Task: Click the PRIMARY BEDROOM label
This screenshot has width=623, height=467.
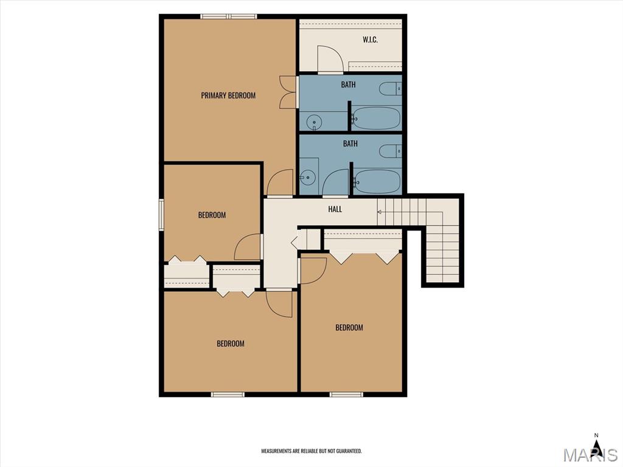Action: (228, 95)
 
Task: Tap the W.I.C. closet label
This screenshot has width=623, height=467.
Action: (370, 40)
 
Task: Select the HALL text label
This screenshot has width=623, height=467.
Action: (335, 209)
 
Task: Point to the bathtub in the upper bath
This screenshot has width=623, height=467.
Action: (376, 118)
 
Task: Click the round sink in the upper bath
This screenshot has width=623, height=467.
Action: (315, 122)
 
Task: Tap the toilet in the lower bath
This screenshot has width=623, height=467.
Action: (390, 151)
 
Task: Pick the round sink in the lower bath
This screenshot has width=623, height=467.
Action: (307, 178)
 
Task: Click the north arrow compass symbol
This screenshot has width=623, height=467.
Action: (596, 447)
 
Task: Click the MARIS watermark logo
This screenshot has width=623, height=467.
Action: (590, 454)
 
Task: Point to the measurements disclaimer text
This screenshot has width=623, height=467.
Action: (311, 451)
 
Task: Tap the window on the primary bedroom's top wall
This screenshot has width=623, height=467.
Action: (229, 16)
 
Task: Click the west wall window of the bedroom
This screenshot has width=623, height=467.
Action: (161, 215)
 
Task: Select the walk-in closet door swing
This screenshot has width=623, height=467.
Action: (330, 60)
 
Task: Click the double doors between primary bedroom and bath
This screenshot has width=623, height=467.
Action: (288, 92)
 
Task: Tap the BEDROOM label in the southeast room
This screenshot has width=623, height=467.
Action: (349, 328)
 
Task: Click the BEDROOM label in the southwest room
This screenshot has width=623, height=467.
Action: (231, 344)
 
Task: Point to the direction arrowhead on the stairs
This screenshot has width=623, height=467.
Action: (379, 212)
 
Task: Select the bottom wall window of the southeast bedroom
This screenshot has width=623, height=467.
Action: (346, 394)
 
